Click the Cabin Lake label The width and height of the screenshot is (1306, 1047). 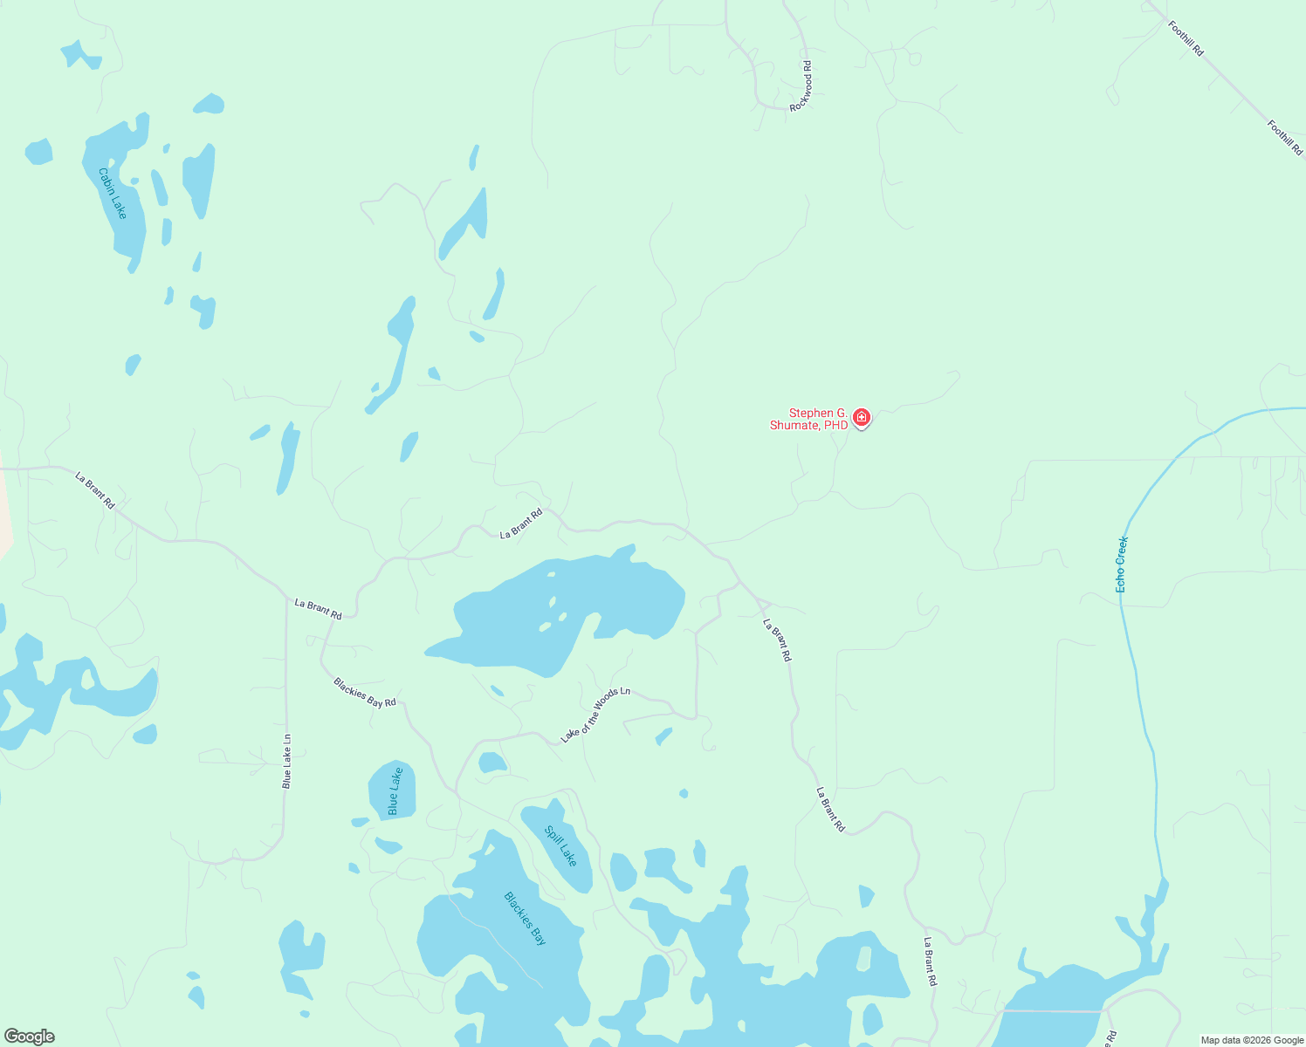click(113, 194)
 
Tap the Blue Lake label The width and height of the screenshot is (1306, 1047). click(395, 791)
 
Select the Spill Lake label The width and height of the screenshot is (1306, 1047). click(560, 845)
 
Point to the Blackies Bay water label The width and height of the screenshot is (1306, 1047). click(526, 918)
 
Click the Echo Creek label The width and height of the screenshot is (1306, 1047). click(1122, 565)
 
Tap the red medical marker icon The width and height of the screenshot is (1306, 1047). click(862, 418)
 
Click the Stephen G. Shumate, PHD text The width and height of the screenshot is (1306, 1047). click(808, 419)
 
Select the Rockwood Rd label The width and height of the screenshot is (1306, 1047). click(801, 86)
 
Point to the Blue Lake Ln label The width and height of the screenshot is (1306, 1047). click(286, 761)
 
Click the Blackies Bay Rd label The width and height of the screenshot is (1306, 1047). click(365, 692)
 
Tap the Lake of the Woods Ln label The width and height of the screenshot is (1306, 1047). click(595, 715)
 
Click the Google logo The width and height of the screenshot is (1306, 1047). click(29, 1037)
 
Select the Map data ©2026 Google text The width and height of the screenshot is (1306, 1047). click(1252, 1040)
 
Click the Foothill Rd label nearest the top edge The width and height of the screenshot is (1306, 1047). click(1186, 39)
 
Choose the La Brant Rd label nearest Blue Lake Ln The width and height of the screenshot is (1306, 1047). click(318, 608)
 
